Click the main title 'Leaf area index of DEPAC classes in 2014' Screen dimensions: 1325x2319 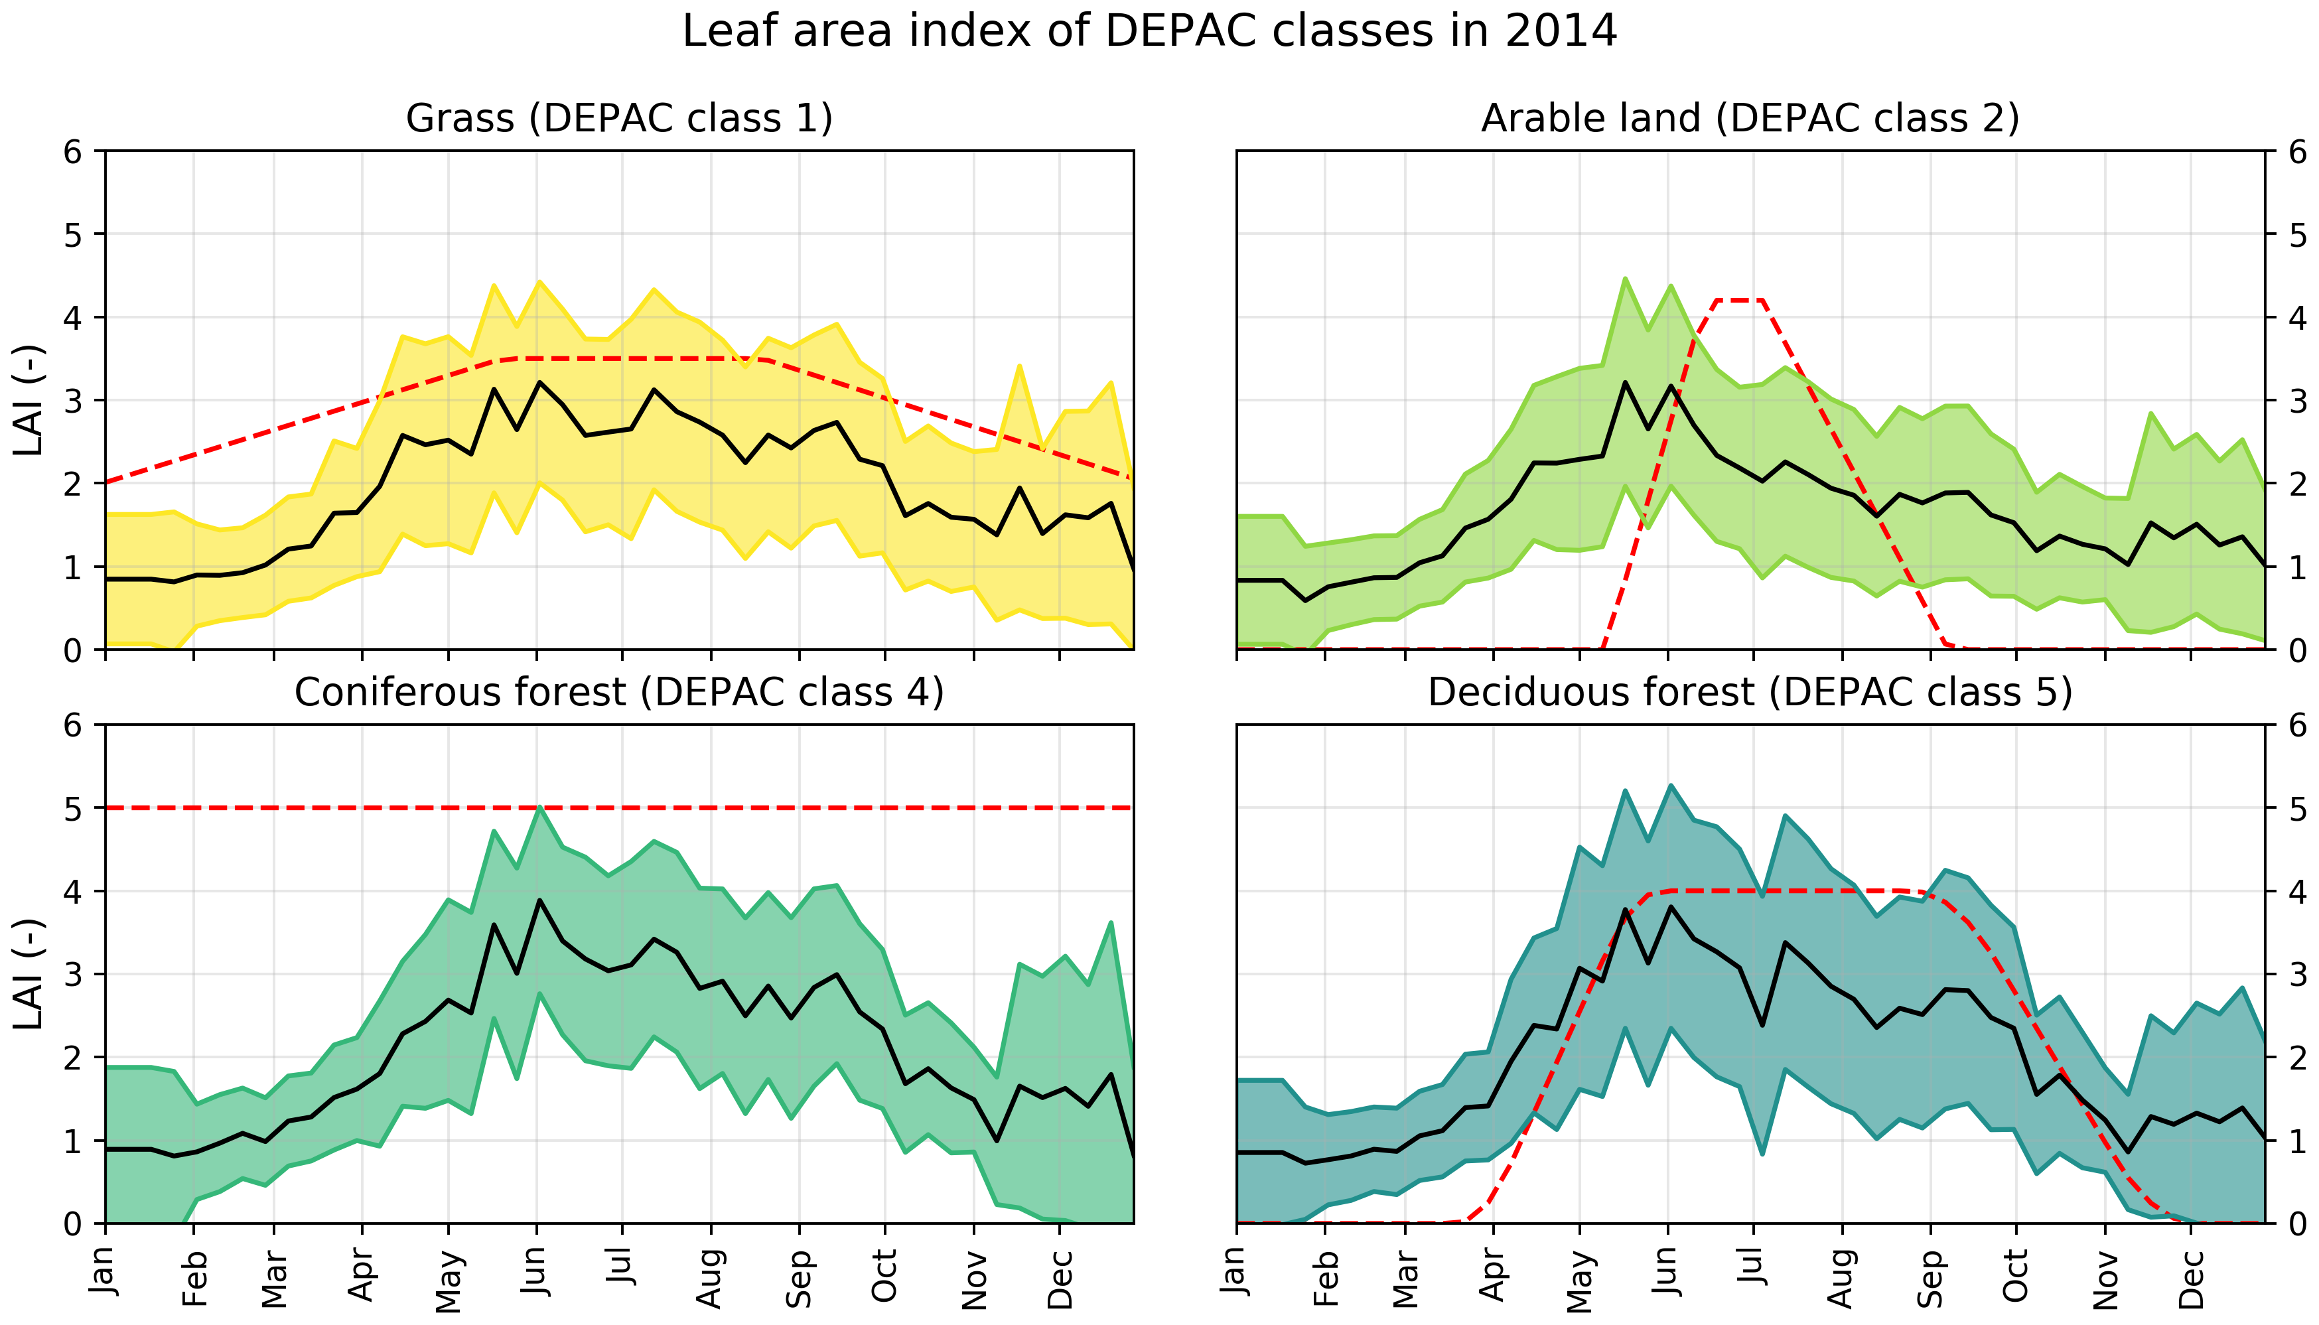click(x=1149, y=32)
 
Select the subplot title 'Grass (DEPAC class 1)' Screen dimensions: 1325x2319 click(x=618, y=118)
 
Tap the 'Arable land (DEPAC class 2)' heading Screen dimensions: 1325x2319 click(x=1750, y=118)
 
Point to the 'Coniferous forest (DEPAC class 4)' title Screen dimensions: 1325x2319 click(x=618, y=693)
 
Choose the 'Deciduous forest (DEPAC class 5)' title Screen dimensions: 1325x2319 click(x=1750, y=693)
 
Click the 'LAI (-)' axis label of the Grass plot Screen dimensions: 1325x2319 click(x=29, y=400)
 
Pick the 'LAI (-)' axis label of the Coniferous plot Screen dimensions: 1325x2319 click(x=29, y=974)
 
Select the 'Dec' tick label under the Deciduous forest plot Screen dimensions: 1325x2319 click(x=2191, y=1279)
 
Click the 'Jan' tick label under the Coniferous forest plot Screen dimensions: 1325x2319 click(x=105, y=1269)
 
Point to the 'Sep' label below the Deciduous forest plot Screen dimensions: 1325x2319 click(x=1930, y=1279)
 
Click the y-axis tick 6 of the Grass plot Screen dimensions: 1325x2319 click(x=73, y=152)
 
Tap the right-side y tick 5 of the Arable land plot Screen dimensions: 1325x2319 click(x=2297, y=236)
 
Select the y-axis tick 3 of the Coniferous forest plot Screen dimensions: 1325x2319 click(x=73, y=975)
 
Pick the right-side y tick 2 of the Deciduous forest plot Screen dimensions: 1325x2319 click(x=2297, y=1058)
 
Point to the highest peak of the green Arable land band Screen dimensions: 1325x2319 click(x=1625, y=279)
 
